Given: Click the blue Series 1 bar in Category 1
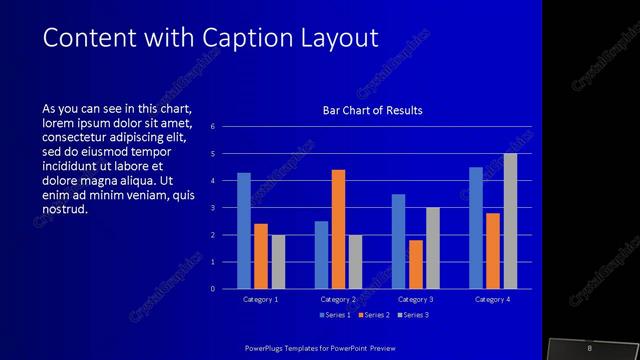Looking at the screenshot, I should (244, 231).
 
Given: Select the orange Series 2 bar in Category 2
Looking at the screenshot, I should (338, 229).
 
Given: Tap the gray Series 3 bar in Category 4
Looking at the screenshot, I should (510, 221).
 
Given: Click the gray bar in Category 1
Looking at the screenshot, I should (278, 262).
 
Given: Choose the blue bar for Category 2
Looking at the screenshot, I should (321, 255).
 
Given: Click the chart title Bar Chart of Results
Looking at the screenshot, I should (372, 110).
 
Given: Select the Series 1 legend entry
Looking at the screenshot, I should (335, 315).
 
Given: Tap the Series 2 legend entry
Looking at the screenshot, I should (373, 315).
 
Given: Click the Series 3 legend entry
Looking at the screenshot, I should (413, 315).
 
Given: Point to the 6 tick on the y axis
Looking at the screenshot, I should (212, 127).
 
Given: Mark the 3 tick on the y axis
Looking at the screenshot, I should (212, 208).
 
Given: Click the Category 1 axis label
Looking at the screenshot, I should (261, 299).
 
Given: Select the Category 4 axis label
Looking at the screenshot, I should (493, 299).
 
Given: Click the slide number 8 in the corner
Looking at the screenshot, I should (590, 347).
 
